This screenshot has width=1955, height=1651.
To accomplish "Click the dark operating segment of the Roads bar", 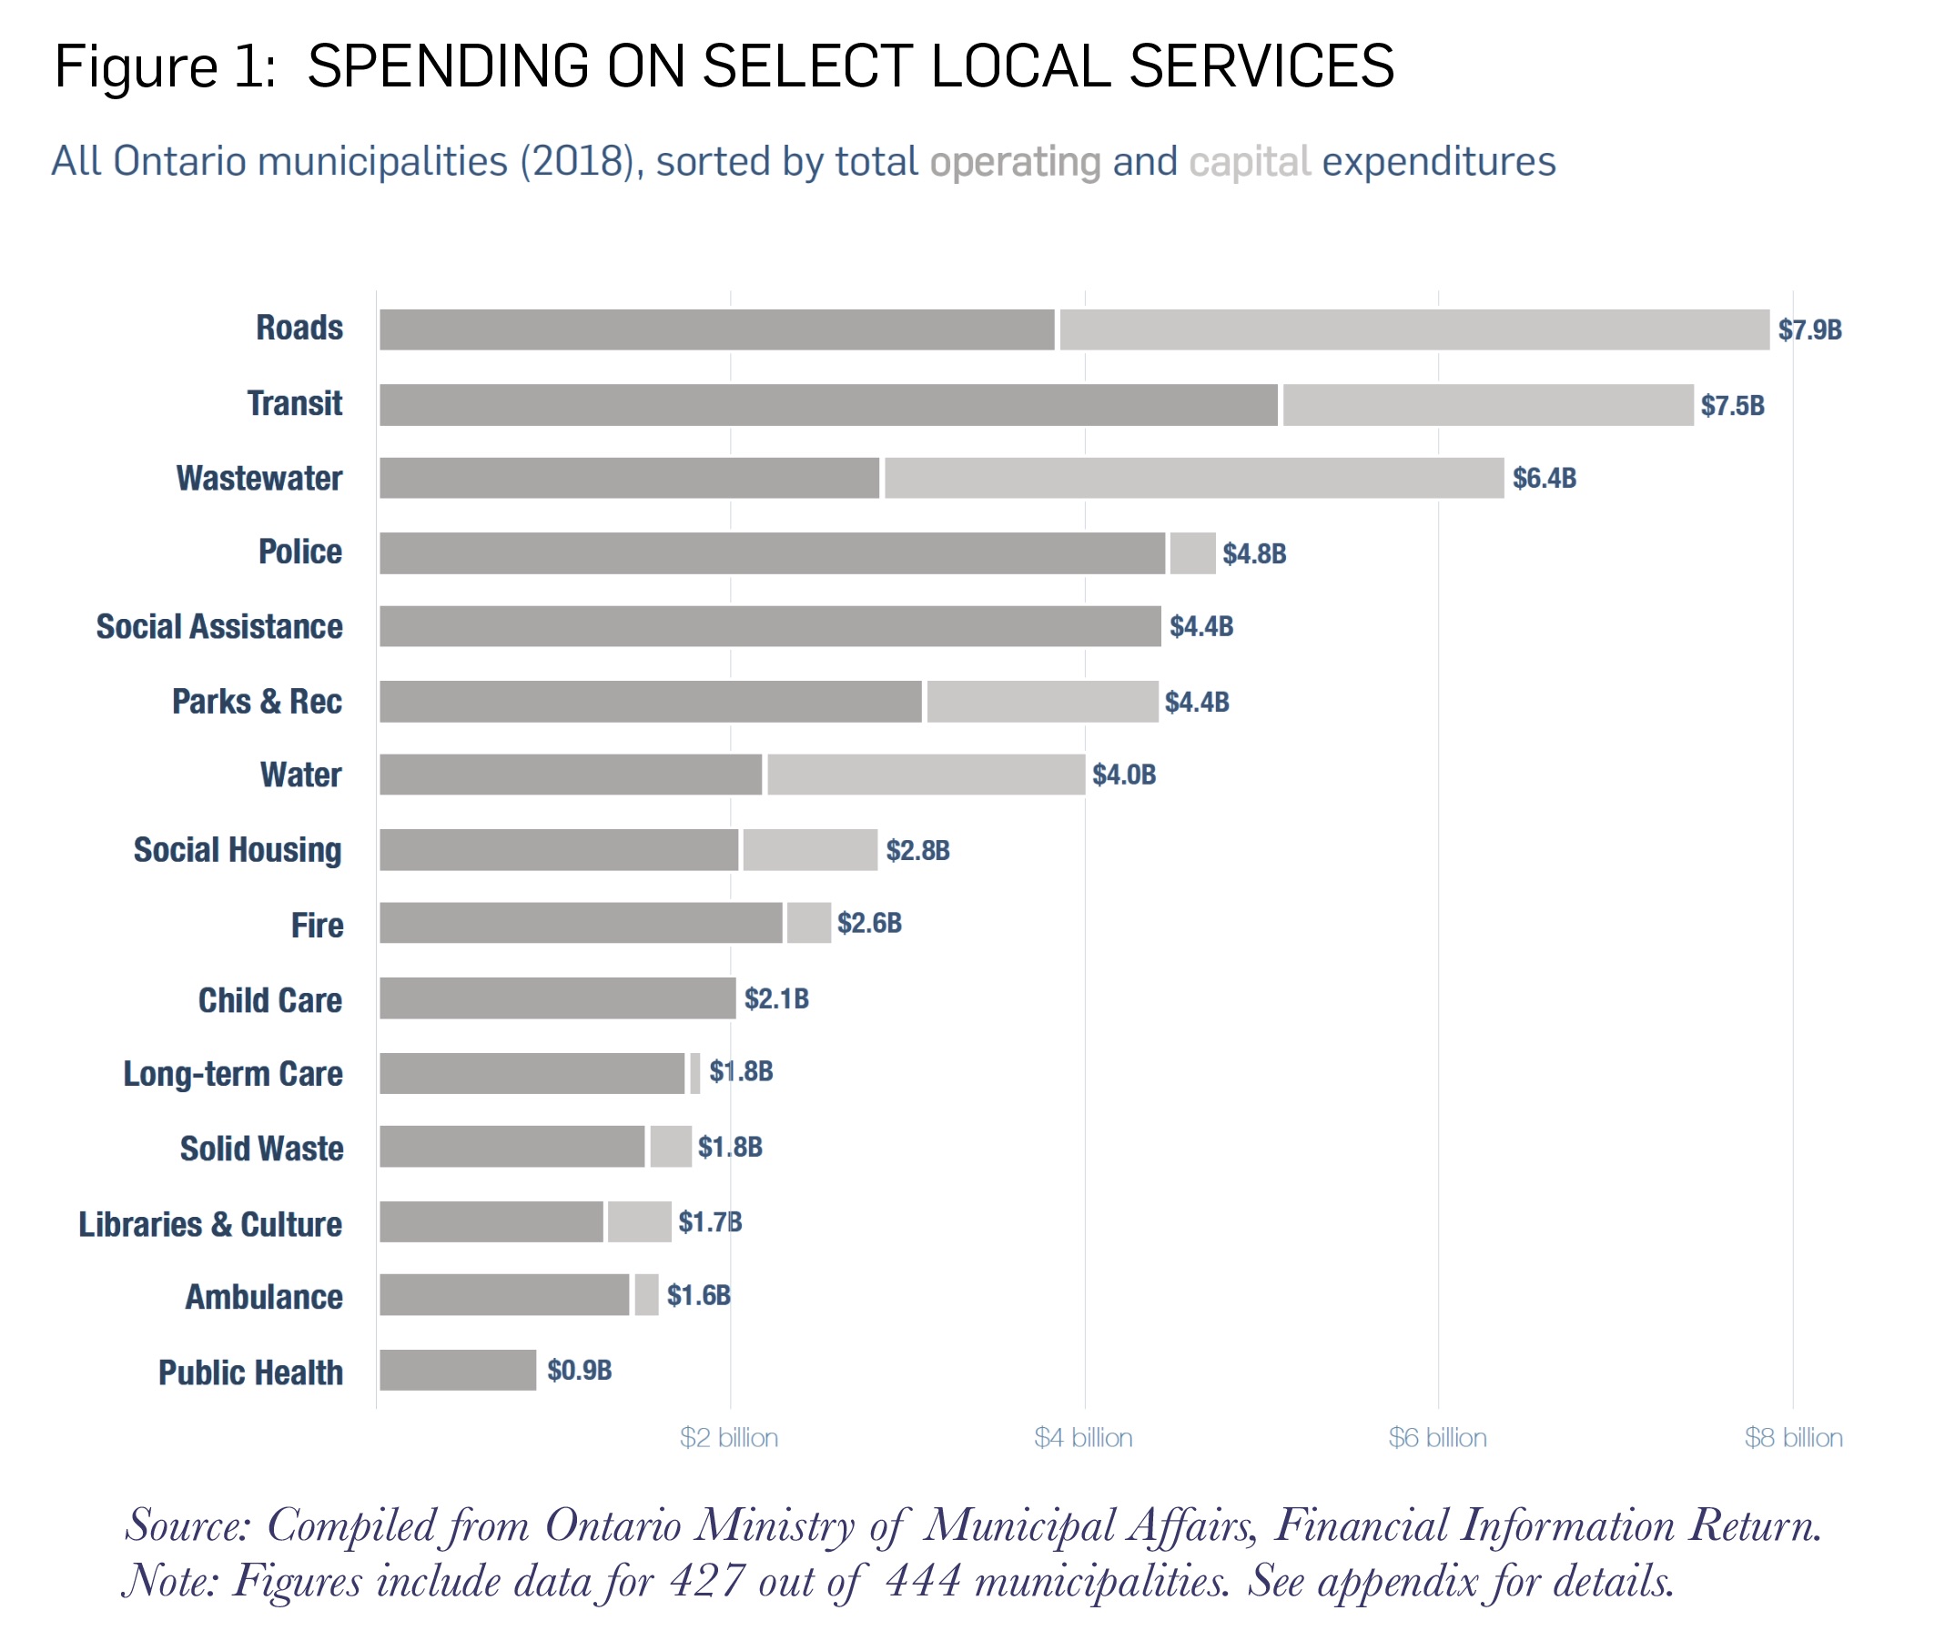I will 716,329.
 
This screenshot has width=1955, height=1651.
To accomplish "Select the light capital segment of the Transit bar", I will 1487,404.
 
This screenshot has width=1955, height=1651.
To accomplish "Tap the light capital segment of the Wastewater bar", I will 1193,478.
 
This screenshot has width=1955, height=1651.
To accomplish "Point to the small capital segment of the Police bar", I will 1192,553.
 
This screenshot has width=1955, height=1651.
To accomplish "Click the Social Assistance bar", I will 769,626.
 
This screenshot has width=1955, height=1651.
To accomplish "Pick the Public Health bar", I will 458,1370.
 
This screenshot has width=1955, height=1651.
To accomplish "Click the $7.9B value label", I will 1809,330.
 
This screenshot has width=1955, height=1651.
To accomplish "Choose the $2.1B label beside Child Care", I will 775,998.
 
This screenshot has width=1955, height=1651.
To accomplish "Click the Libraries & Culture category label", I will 210,1224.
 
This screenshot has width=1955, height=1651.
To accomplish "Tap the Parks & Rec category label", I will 258,702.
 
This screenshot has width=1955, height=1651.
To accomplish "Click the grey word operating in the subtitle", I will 1015,162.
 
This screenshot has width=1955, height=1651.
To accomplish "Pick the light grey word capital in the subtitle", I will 1249,162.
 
